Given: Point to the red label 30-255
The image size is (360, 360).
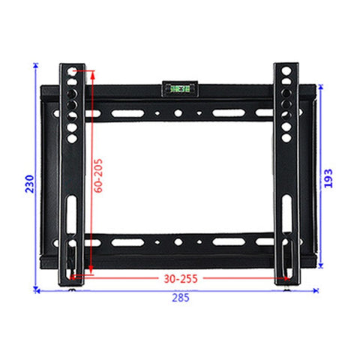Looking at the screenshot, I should (x=180, y=277).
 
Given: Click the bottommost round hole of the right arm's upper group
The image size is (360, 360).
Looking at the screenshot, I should (x=286, y=138).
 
